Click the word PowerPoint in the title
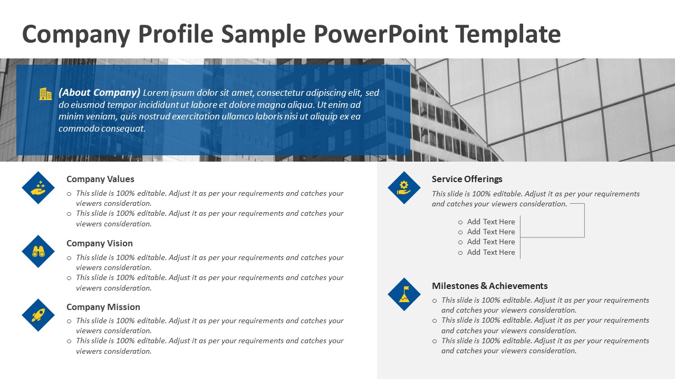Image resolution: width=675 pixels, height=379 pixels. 380,34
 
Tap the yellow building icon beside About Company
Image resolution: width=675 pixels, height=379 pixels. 46,94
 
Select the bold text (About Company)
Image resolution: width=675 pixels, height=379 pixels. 100,93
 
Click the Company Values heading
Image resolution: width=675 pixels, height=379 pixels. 100,179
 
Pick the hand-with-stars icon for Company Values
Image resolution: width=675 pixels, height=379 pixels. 38,187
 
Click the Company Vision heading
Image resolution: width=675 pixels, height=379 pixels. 100,243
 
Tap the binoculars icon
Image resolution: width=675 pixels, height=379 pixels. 38,252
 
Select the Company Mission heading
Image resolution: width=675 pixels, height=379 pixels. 103,307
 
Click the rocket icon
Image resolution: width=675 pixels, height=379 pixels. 38,315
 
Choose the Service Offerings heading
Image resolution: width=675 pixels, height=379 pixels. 467,179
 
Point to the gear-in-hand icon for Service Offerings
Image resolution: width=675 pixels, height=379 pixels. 404,187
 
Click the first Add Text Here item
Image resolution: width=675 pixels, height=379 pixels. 490,222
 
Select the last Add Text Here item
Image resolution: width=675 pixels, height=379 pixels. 490,252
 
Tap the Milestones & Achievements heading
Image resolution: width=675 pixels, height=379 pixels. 489,286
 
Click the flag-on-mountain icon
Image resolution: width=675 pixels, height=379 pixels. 404,294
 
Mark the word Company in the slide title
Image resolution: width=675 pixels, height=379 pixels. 76,34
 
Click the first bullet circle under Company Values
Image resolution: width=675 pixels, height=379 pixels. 69,194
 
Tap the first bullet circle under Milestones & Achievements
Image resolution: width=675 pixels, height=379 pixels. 435,301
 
